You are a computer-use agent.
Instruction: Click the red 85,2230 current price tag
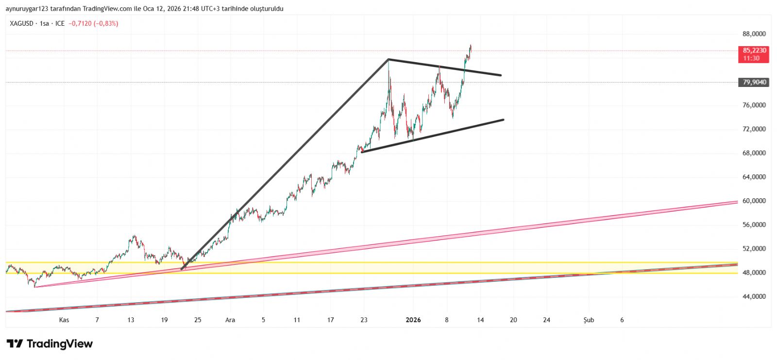coord(754,51)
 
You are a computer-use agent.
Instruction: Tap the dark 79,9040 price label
coord(754,82)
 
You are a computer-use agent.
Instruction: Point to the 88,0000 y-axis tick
coord(754,34)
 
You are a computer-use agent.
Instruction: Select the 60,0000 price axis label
coord(754,201)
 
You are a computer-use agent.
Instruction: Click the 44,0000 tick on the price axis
coord(754,296)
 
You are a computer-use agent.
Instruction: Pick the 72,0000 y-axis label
coord(754,129)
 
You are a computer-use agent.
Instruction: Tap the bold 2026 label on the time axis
coord(413,320)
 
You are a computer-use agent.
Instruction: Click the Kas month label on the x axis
coord(64,320)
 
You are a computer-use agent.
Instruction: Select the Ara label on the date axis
coord(230,320)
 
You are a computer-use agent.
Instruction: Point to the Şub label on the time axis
coord(589,320)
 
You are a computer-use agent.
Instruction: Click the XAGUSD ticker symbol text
coord(21,23)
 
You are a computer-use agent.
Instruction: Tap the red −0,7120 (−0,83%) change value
coord(93,23)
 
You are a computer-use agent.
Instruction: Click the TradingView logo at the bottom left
coord(49,344)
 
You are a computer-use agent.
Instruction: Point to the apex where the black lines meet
coord(388,59)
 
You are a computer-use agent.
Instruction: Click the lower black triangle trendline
coord(432,136)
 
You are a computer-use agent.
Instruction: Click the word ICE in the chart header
coord(60,23)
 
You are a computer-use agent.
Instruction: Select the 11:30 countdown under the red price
coord(751,58)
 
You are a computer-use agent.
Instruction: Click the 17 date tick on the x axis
coord(330,320)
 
